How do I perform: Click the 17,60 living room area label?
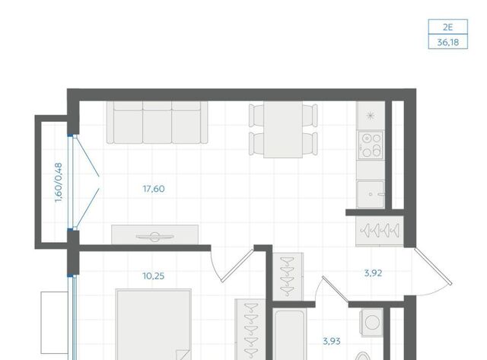coord(154,189)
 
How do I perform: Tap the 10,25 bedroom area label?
coord(154,276)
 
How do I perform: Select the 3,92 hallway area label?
coord(373,273)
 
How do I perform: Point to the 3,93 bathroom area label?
coord(332,342)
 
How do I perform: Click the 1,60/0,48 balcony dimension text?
coord(59,183)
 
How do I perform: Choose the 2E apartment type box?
coord(448,27)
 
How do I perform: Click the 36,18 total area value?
coord(448,42)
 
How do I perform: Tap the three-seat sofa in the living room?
coord(158,123)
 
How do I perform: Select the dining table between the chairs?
coord(283,129)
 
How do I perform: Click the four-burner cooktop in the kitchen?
coord(371,145)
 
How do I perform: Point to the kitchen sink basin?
coord(371,194)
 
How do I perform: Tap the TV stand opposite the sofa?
coord(155,234)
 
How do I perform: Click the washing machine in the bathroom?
coord(371,323)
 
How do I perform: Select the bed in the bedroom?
coord(154,324)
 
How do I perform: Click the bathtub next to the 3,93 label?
coord(289,334)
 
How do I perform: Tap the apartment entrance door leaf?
coord(433,266)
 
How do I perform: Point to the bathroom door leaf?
coord(336,288)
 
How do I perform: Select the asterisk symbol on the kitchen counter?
coord(371,116)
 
